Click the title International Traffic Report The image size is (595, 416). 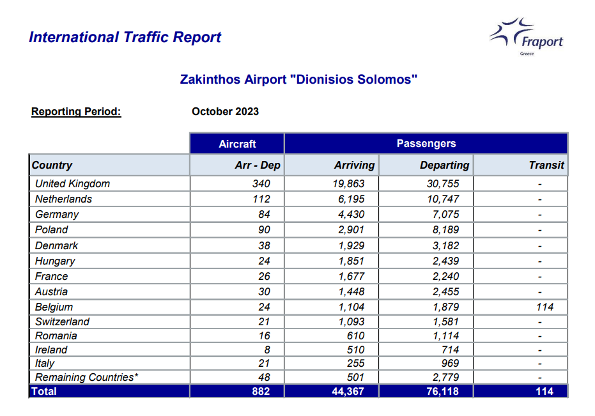(x=125, y=37)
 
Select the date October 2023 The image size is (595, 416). (x=225, y=112)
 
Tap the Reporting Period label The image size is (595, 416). (x=76, y=112)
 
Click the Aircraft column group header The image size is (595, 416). (x=237, y=144)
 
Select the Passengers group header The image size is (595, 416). (x=426, y=144)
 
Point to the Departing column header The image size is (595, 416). (x=444, y=165)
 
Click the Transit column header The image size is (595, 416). (x=546, y=165)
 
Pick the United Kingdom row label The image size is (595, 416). (x=72, y=183)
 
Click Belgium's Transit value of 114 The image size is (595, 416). (x=545, y=307)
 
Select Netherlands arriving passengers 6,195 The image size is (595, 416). (x=351, y=199)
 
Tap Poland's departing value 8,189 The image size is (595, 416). (x=445, y=229)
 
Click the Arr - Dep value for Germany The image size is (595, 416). (x=264, y=215)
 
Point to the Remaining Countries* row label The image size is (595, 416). (x=86, y=377)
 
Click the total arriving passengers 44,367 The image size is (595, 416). (x=348, y=391)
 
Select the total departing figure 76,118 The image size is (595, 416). (x=442, y=391)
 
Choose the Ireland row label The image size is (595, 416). (x=51, y=350)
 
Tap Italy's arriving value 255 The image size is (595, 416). (x=355, y=363)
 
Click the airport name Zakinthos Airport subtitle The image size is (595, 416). (x=298, y=80)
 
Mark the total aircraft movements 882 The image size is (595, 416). (x=261, y=391)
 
